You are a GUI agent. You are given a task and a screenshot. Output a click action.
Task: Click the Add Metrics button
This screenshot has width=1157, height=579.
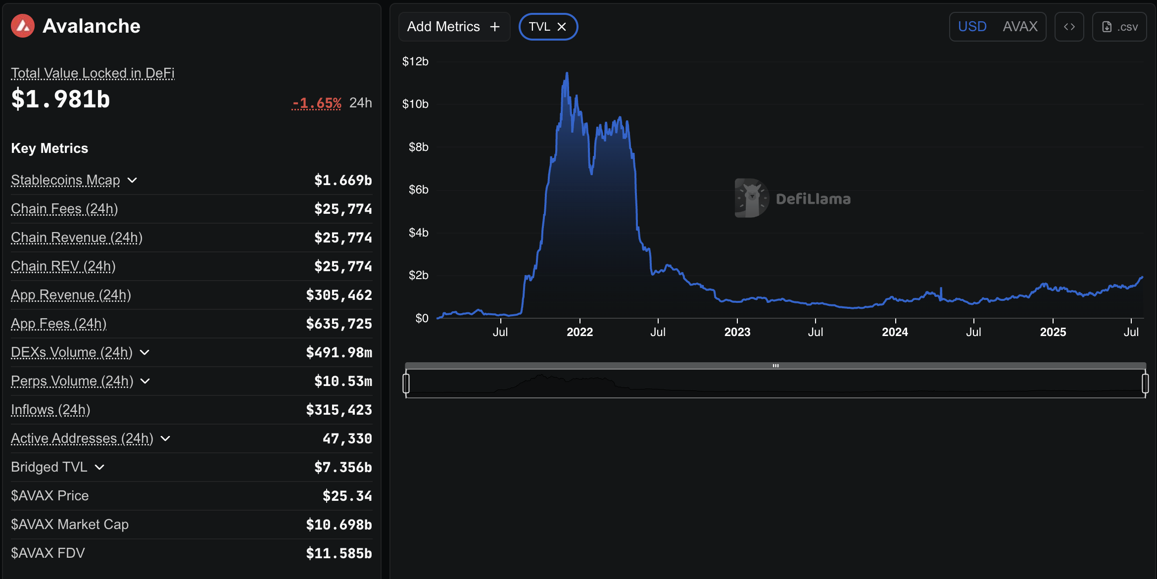[453, 27]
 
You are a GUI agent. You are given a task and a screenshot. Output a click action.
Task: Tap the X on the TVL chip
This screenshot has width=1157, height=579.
[562, 27]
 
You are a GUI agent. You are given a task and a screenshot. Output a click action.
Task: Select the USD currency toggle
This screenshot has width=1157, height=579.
[972, 27]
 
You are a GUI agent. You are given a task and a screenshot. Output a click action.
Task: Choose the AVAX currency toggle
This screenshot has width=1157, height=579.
[1020, 27]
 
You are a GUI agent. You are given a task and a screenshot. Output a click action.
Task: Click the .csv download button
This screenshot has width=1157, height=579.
[1119, 27]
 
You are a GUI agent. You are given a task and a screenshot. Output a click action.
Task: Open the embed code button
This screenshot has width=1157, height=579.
[1069, 27]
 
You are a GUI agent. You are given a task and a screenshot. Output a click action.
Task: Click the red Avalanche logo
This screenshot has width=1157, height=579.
[23, 26]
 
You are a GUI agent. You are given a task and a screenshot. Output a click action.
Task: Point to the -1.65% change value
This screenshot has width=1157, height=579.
[317, 103]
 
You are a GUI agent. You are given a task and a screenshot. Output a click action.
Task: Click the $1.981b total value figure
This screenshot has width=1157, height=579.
[60, 99]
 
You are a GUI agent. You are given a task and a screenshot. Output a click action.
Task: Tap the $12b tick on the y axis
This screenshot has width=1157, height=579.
[415, 61]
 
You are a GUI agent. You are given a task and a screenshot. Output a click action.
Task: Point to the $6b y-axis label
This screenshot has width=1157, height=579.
[418, 190]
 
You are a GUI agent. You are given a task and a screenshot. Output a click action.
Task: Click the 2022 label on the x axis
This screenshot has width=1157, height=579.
[579, 332]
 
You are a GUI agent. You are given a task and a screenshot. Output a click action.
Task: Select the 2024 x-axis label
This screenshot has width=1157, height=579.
[895, 332]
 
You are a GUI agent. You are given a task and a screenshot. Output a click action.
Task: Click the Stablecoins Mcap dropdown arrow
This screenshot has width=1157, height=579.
[132, 180]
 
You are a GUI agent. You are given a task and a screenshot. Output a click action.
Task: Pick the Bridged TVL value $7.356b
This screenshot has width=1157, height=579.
[343, 467]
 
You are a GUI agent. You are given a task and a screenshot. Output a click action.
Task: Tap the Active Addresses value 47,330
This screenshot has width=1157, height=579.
[347, 438]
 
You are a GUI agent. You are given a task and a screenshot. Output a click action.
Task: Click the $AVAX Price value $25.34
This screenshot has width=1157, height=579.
[347, 496]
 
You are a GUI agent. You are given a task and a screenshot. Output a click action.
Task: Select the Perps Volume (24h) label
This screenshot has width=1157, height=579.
[72, 381]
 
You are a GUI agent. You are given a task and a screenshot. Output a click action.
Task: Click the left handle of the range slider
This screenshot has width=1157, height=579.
[406, 384]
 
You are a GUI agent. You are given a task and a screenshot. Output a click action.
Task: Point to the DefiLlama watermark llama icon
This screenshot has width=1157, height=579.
[751, 198]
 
